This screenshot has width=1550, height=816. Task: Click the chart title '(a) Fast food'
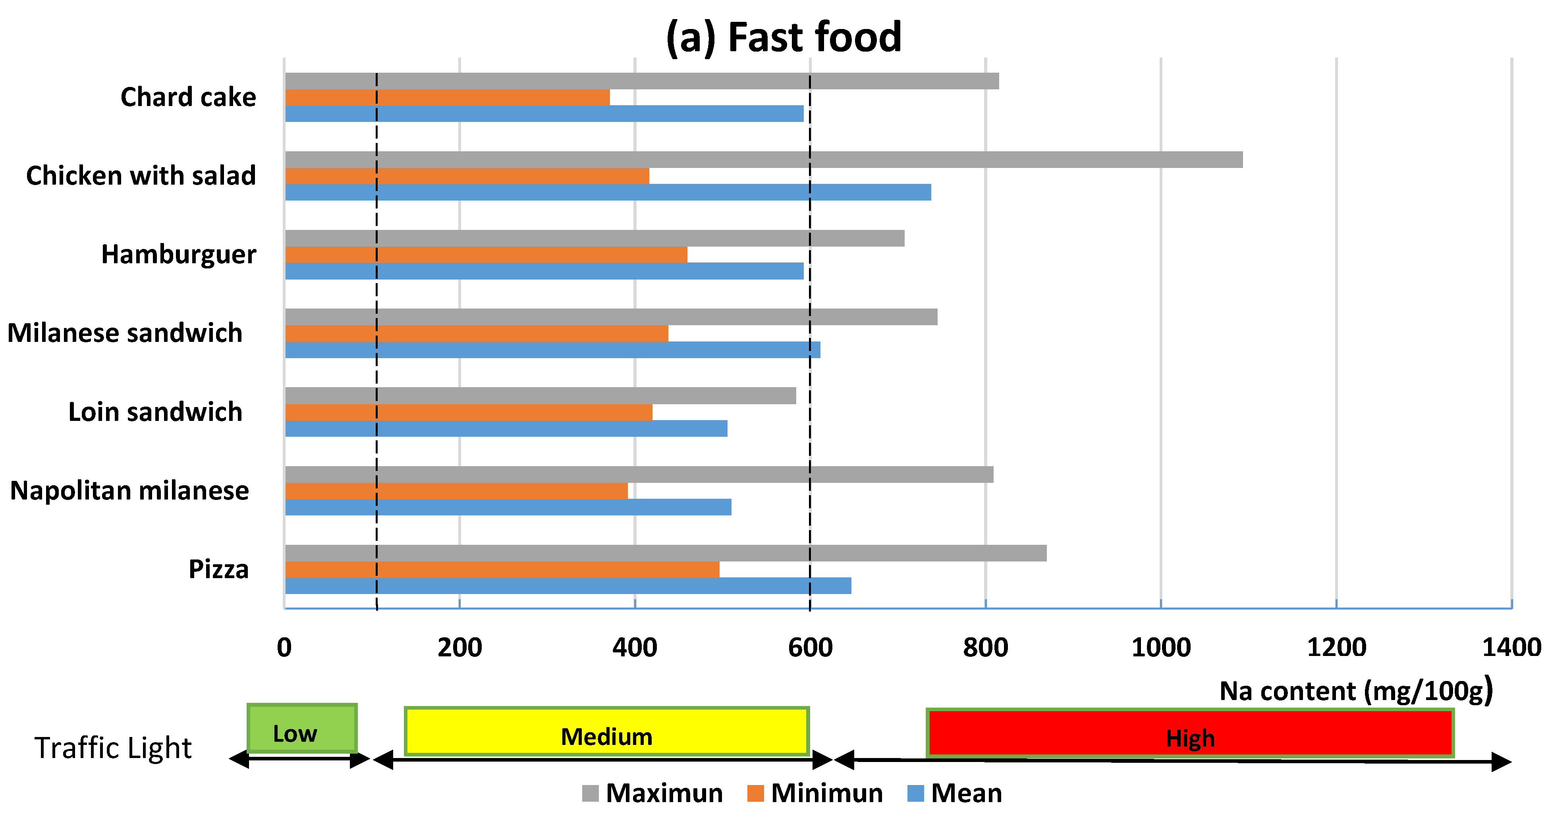point(784,37)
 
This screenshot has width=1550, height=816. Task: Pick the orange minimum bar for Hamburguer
point(486,255)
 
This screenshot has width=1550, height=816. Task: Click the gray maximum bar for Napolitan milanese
point(639,474)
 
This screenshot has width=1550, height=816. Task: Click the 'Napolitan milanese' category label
point(129,490)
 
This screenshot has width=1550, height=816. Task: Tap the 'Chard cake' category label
point(188,97)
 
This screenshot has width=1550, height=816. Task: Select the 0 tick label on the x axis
point(284,648)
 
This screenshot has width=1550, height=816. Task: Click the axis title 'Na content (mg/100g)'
point(1355,691)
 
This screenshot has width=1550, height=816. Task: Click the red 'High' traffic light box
point(1189,733)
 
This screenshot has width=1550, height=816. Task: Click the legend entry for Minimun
point(815,793)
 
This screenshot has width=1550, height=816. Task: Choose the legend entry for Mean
point(955,793)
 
